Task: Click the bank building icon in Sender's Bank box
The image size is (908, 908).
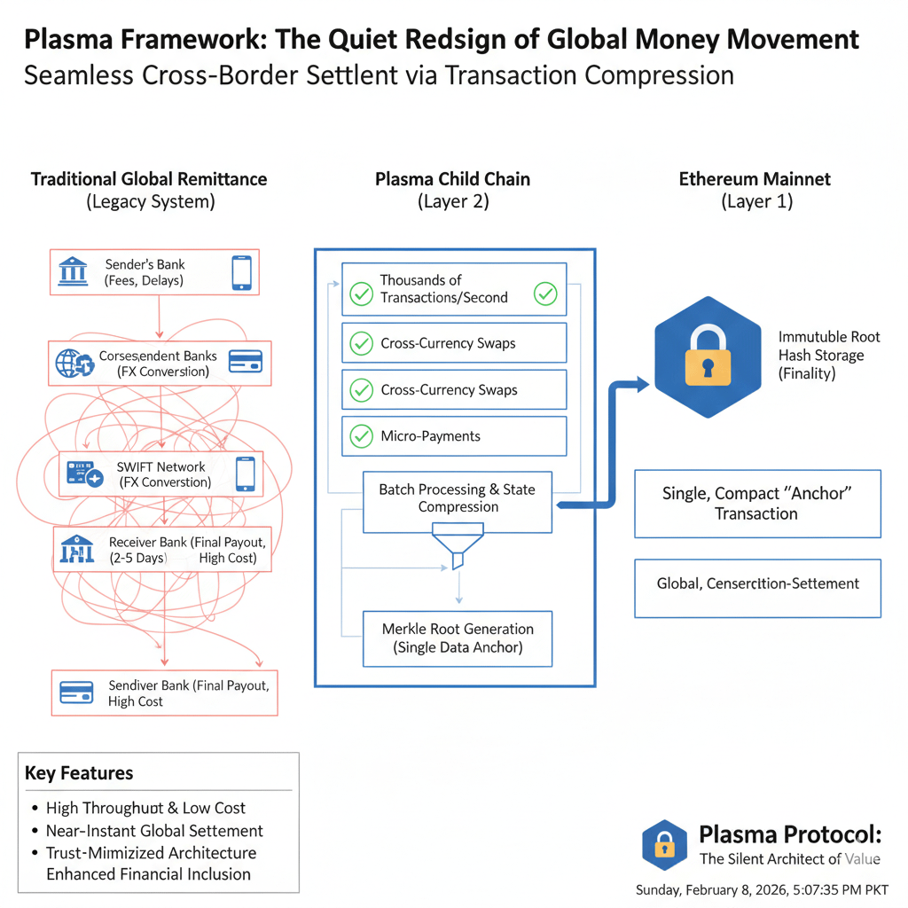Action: click(74, 272)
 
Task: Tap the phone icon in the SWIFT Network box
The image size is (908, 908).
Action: click(245, 474)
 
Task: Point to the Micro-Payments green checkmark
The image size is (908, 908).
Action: click(361, 436)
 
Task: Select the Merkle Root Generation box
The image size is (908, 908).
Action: click(458, 638)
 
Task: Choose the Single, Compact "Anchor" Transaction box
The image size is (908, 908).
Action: click(757, 504)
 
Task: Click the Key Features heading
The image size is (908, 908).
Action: click(79, 773)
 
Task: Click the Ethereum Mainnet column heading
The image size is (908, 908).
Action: click(755, 179)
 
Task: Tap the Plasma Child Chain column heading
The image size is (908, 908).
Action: click(452, 179)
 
